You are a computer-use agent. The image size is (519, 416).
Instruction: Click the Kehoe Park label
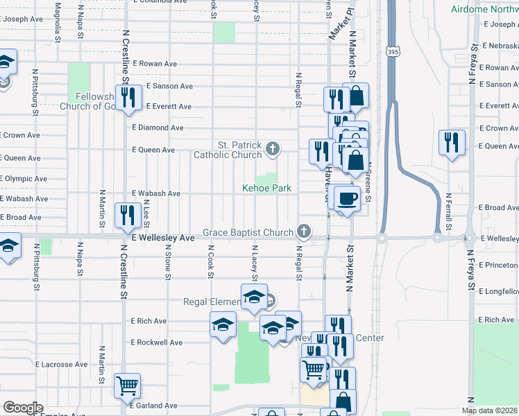[266, 188]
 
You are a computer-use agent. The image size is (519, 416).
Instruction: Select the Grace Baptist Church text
[248, 232]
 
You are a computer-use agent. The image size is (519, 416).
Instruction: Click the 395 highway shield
[392, 52]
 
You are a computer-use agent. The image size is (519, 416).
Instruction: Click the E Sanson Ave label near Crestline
[169, 86]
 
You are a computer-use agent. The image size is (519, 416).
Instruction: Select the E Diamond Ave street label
[158, 128]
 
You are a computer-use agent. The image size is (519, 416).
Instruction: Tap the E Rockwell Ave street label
[157, 343]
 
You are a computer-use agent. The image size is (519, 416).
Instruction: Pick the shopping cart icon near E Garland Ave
[127, 384]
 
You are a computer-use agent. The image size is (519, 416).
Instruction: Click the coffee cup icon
[347, 198]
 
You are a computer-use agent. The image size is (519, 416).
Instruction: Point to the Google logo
[23, 408]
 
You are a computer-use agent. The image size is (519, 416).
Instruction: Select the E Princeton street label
[498, 265]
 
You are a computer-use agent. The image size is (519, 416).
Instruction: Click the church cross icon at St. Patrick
[273, 148]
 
